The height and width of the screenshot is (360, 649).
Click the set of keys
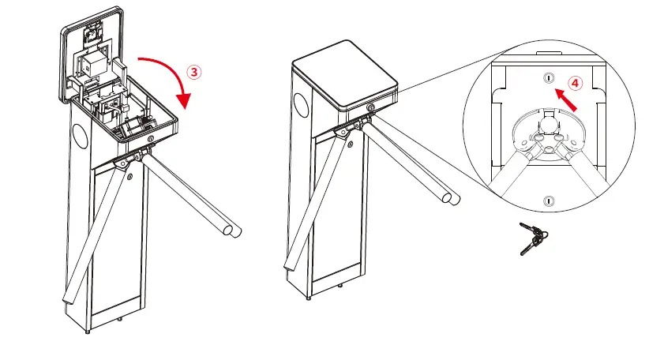click(x=531, y=237)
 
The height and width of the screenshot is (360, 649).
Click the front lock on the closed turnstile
click(x=370, y=108)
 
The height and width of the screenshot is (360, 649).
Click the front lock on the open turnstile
click(x=152, y=138)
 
